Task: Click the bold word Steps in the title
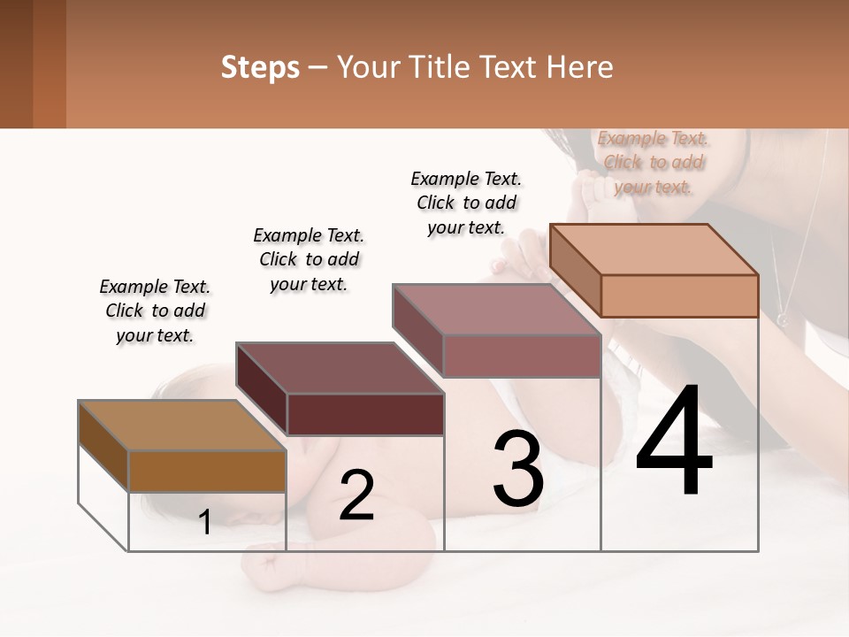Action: [x=259, y=67]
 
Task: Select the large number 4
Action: [x=674, y=442]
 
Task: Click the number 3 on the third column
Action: [x=517, y=469]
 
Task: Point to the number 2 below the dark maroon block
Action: [x=356, y=495]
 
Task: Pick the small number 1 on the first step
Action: [x=205, y=522]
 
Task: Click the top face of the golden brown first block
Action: [x=182, y=426]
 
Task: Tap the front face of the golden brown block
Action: [x=207, y=471]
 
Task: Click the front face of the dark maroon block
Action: [x=365, y=414]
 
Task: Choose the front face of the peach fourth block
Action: [x=679, y=295]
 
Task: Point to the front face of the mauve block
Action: [x=522, y=356]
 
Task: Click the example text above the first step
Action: [x=155, y=311]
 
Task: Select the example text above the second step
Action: [x=309, y=259]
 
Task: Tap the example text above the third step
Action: [x=466, y=203]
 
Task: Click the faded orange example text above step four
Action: [x=653, y=162]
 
